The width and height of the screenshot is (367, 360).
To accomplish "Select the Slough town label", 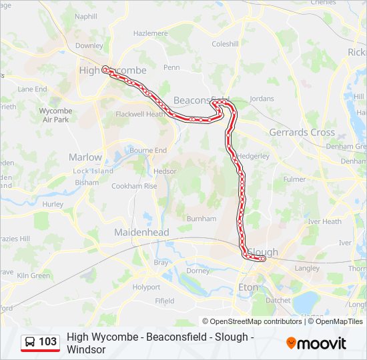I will pyautogui.click(x=263, y=252).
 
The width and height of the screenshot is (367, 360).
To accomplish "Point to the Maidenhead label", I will pyautogui.click(x=141, y=232).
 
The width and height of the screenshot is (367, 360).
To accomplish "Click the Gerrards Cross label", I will pyautogui.click(x=302, y=132).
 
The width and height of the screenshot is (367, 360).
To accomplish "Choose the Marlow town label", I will pyautogui.click(x=85, y=157).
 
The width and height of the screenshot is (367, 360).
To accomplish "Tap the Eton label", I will pyautogui.click(x=248, y=287).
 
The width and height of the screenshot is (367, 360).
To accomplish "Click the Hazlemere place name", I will pyautogui.click(x=150, y=33).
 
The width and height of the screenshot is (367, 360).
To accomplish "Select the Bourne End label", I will pyautogui.click(x=148, y=151).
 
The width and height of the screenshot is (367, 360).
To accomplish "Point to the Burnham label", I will pyautogui.click(x=202, y=218).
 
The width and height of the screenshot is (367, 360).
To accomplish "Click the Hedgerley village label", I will pyautogui.click(x=253, y=155).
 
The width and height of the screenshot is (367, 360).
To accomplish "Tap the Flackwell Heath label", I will pyautogui.click(x=140, y=114).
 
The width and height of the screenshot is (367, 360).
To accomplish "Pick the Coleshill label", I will pyautogui.click(x=225, y=44).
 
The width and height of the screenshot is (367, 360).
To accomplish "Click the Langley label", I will pyautogui.click(x=307, y=268).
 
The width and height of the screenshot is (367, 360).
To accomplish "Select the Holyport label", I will pyautogui.click(x=146, y=287).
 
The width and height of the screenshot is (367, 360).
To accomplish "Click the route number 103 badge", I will pyautogui.click(x=47, y=342).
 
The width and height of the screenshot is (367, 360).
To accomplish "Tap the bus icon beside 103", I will pyautogui.click(x=31, y=342).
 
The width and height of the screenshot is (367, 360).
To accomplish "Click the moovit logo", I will pyautogui.click(x=317, y=343).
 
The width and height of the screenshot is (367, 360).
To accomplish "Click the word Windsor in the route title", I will pyautogui.click(x=86, y=349).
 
